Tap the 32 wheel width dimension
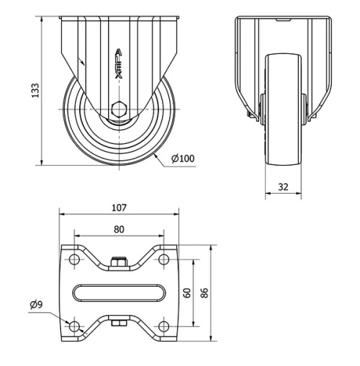[x=282, y=186]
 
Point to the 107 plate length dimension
[x=120, y=207]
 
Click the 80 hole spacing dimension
[x=120, y=230]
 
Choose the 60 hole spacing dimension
[x=186, y=293]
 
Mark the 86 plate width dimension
[x=204, y=293]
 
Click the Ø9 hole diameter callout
[x=36, y=305]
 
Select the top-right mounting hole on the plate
[x=164, y=259]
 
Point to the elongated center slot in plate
[x=119, y=293]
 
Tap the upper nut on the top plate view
[x=119, y=261]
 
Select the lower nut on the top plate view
[x=119, y=325]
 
